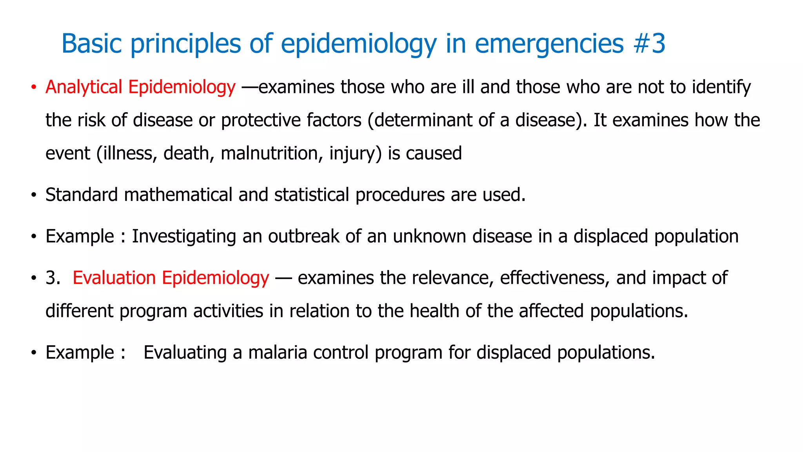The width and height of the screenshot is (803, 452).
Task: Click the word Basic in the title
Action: tap(92, 43)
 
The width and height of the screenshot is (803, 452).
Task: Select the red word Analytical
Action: tap(84, 87)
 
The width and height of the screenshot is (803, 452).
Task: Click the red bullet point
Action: tap(34, 87)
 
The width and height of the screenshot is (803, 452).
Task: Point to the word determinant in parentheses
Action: tap(423, 120)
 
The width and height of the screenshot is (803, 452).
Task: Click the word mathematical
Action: tap(178, 195)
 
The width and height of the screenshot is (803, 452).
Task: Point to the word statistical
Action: tap(311, 195)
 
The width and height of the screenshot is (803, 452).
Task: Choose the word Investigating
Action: tap(184, 236)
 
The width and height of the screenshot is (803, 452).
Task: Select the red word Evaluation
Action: tap(114, 278)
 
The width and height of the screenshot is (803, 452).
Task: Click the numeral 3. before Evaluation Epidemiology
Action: tap(53, 278)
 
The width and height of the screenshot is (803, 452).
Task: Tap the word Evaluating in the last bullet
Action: tap(185, 352)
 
